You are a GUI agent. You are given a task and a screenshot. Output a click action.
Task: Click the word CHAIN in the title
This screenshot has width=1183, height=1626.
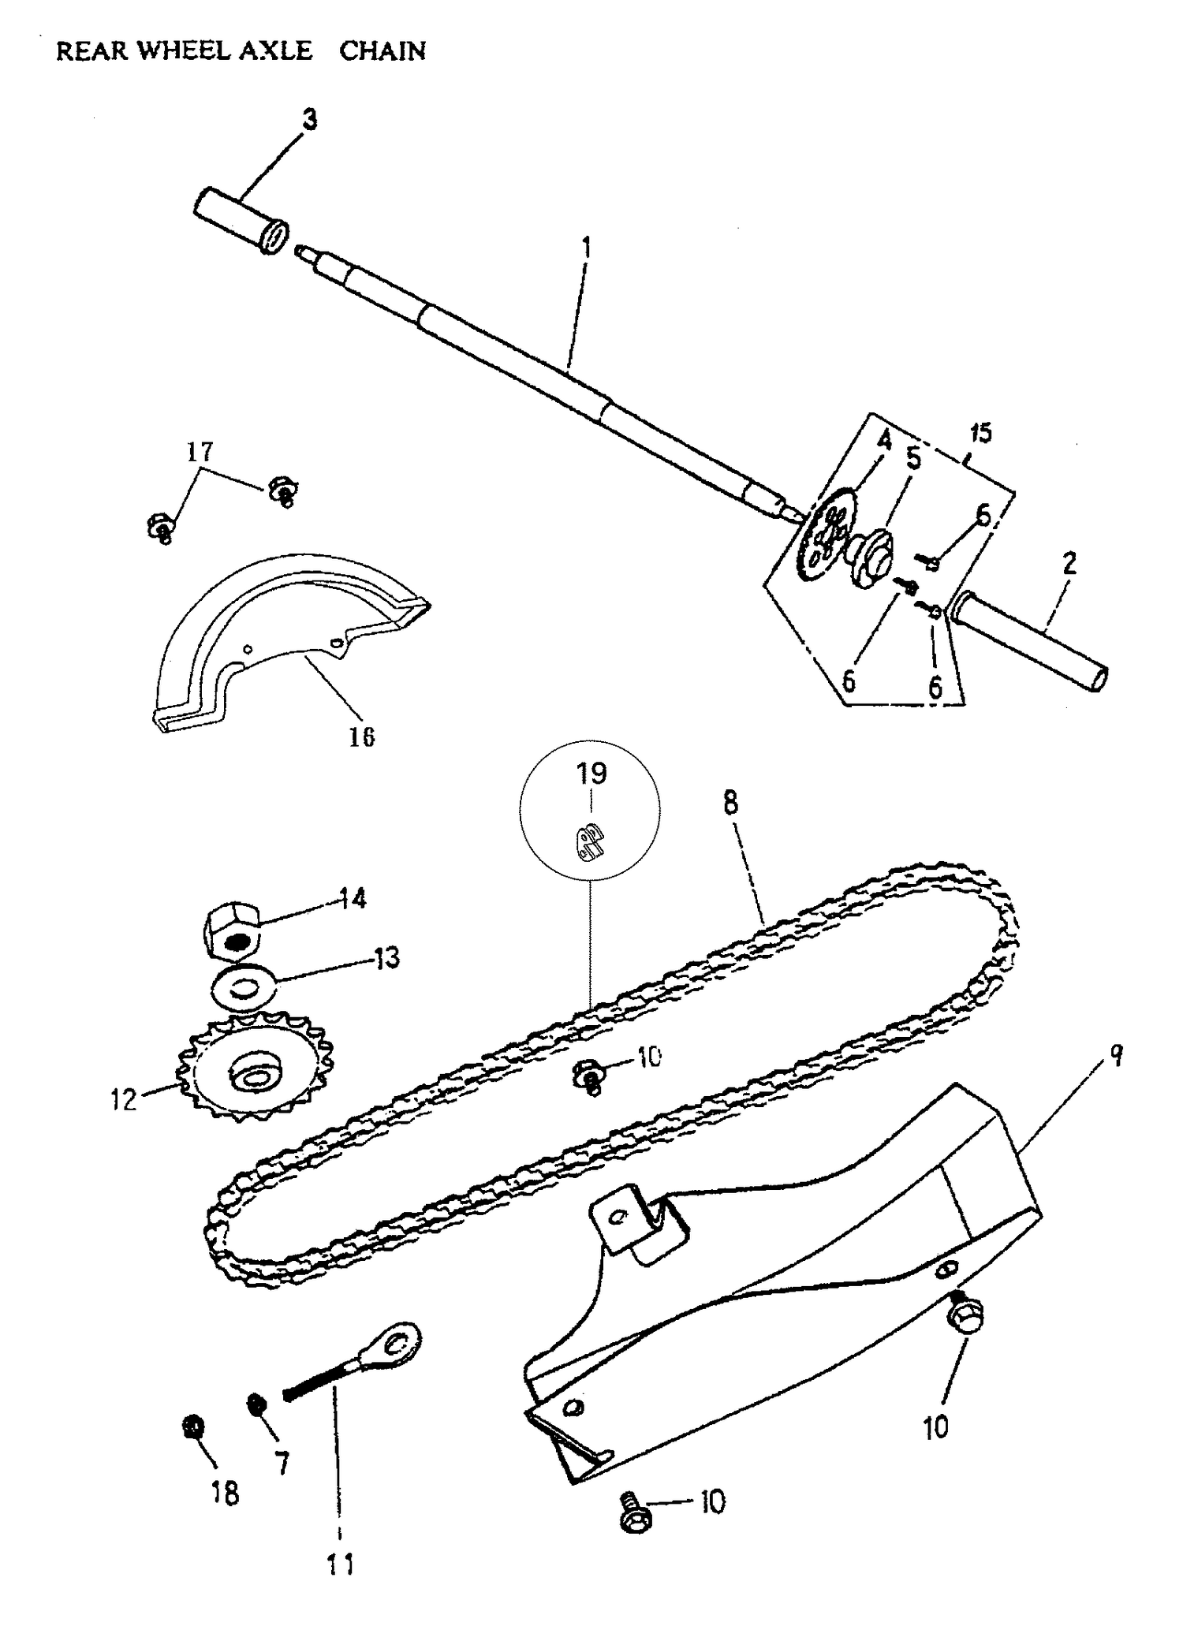(x=383, y=51)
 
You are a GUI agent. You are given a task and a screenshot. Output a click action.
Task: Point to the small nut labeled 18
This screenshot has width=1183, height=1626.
(x=192, y=1426)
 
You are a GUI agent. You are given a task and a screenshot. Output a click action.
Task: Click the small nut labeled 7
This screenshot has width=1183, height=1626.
(x=256, y=1404)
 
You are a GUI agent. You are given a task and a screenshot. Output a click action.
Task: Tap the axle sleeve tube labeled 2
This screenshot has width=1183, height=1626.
(x=1029, y=643)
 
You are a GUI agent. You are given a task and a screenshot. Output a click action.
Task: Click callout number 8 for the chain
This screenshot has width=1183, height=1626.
(x=730, y=804)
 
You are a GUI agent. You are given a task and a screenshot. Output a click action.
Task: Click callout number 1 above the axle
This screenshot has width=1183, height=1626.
(x=586, y=248)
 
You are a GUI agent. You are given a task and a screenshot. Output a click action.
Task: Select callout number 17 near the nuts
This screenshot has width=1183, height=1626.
(x=200, y=452)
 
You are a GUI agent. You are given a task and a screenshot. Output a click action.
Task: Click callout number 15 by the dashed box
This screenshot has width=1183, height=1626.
(x=980, y=433)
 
